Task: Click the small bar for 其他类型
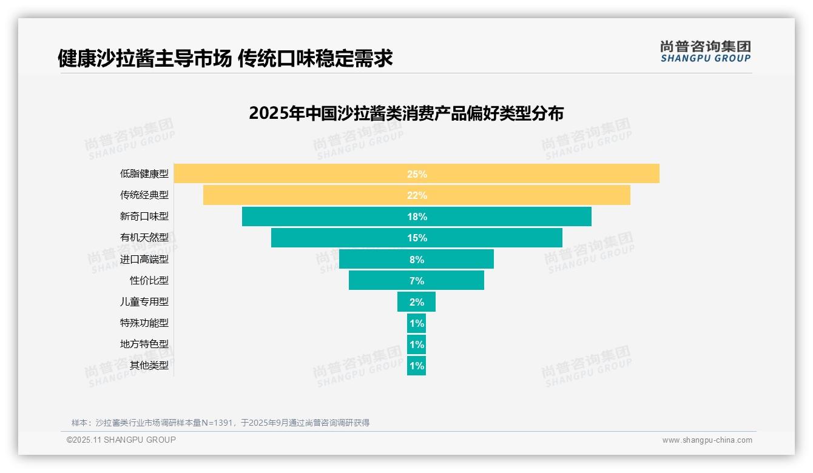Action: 416,366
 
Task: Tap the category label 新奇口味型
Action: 144,216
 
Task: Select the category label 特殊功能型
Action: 144,323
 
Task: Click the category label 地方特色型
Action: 144,344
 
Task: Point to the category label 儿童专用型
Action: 144,302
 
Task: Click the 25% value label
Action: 417,174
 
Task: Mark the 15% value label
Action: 417,238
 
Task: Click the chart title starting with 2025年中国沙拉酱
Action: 406,113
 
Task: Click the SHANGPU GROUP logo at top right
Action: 705,52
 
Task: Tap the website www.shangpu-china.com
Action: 707,440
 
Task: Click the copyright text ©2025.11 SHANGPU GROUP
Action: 121,440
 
